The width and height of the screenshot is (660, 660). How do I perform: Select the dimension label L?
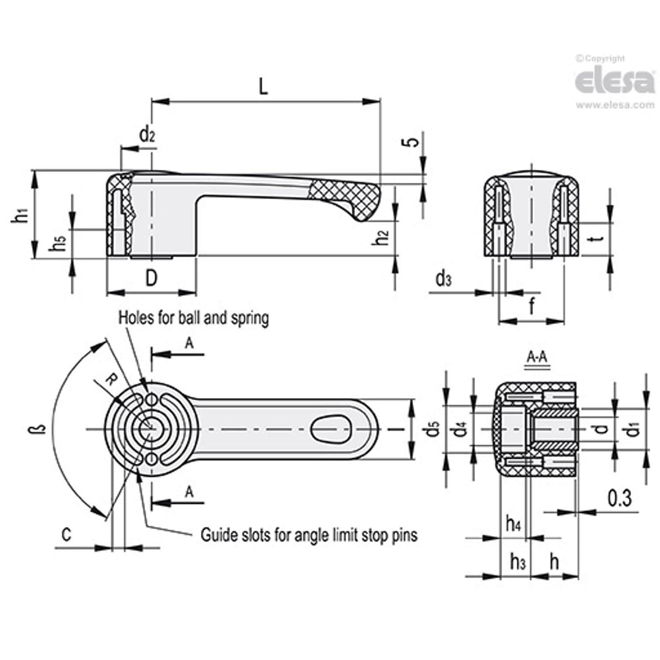263,87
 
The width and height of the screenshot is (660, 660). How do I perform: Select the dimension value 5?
413,141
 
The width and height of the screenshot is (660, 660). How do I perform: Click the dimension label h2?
383,237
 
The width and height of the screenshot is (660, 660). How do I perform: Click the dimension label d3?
443,279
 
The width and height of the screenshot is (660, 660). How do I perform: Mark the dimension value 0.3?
619,498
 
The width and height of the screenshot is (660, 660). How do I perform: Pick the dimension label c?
66,535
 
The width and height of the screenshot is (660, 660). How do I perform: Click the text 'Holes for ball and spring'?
194,317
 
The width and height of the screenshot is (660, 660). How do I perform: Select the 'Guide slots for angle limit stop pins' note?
309,535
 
